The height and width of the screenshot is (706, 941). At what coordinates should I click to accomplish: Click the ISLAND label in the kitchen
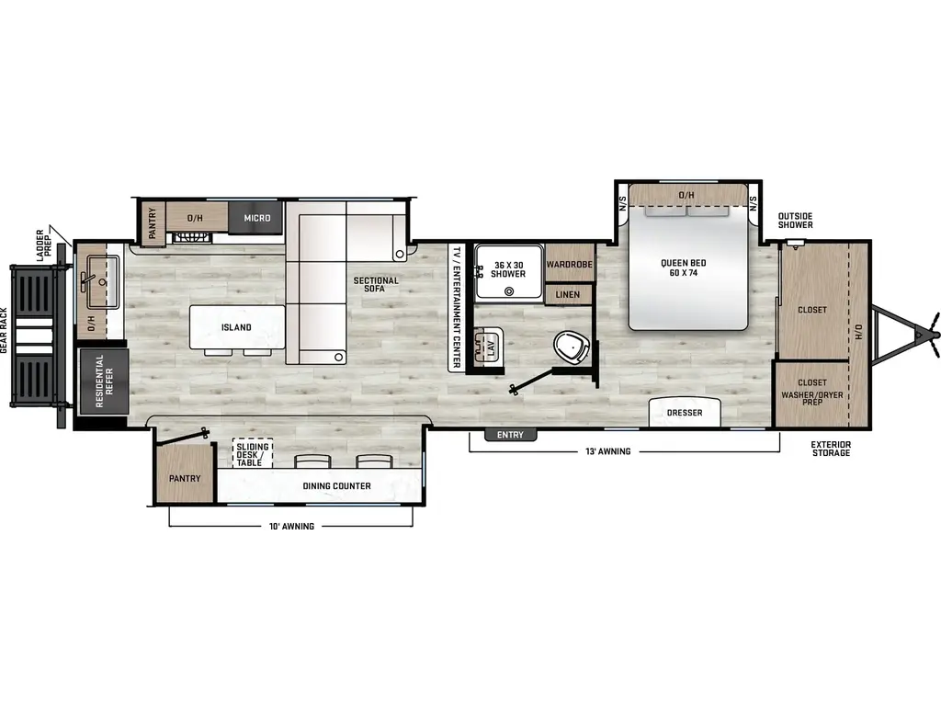point(236,327)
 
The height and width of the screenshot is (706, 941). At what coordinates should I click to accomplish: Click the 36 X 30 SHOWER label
point(508,269)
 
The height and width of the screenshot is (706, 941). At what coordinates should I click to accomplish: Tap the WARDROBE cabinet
point(570,264)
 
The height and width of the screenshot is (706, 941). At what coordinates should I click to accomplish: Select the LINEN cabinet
point(568,294)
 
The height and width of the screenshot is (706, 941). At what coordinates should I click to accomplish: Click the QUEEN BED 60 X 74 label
point(684,268)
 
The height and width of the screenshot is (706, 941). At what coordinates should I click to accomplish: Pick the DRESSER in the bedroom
point(684,413)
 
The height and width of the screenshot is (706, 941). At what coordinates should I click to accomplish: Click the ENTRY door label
point(510,435)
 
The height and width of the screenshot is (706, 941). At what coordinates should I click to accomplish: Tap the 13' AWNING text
point(608,451)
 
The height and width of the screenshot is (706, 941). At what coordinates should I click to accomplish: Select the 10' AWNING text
point(291,527)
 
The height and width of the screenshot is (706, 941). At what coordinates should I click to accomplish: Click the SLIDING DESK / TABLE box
point(253,454)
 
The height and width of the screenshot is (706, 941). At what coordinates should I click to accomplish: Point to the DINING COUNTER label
point(336,485)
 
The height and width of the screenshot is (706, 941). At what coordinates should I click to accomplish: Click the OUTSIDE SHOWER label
point(795,221)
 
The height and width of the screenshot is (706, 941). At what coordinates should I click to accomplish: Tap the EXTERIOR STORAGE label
point(831,449)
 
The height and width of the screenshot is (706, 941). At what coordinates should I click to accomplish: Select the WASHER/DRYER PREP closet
point(811,393)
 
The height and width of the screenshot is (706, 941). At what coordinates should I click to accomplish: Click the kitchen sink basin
point(101,282)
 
